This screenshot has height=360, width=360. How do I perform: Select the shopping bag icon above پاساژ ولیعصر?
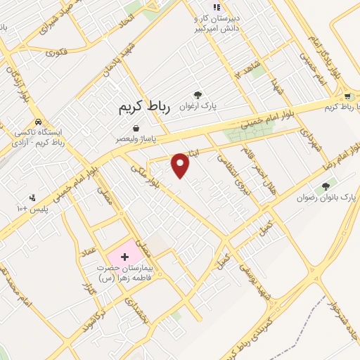tap(136, 128)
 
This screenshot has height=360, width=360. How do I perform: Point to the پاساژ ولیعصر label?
tap(137, 139)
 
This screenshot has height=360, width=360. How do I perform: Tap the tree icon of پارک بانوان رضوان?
tap(325, 187)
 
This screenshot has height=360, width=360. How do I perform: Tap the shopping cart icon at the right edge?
tap(347, 97)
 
